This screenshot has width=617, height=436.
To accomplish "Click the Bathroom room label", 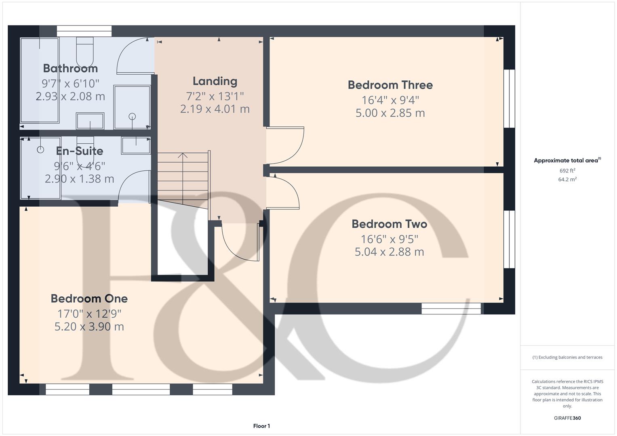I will (x=70, y=68).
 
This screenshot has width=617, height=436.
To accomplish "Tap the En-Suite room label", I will (x=80, y=151).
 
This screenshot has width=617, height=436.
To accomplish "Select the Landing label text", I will (x=215, y=81).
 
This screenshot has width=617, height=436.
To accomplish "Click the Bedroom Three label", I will (x=390, y=85).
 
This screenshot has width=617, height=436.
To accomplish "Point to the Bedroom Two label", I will (x=389, y=224).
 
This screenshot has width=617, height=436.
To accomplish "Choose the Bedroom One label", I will (x=89, y=298).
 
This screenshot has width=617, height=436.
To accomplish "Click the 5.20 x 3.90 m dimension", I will (x=89, y=326).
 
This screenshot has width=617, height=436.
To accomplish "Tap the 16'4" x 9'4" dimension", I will (x=390, y=100).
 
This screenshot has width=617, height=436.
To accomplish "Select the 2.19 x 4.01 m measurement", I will (x=215, y=109).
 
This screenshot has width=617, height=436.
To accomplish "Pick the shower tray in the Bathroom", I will (x=132, y=107).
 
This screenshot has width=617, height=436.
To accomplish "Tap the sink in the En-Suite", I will (x=136, y=145).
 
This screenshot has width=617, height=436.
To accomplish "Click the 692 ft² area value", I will (x=567, y=171).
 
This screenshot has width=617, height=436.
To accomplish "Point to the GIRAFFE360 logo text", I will (x=567, y=418).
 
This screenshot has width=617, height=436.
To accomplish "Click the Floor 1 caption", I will (x=261, y=426).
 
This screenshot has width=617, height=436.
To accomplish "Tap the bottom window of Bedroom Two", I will (x=451, y=309).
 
